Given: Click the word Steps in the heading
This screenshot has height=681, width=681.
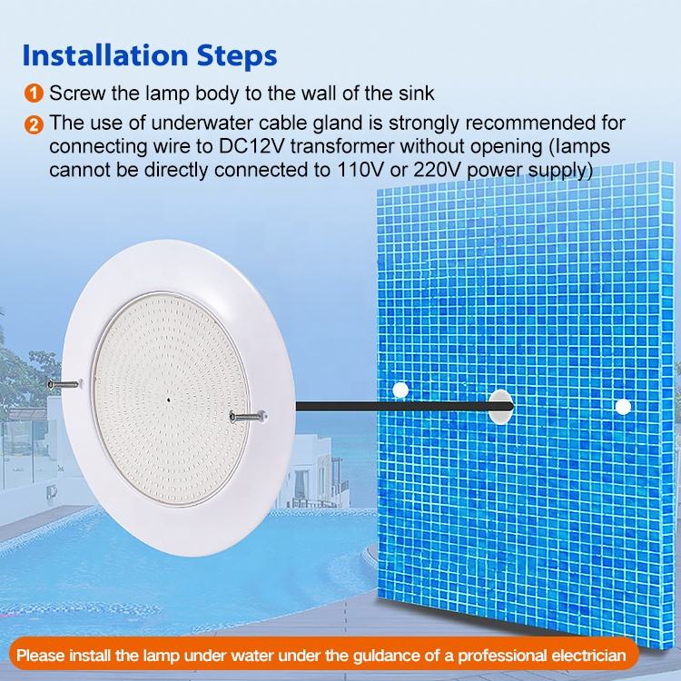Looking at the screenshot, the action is (x=237, y=56).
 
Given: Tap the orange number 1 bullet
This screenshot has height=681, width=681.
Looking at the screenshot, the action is (x=34, y=94).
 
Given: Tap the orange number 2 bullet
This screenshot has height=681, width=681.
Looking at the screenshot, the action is (x=34, y=125).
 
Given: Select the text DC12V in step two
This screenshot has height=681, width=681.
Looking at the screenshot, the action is (x=252, y=146).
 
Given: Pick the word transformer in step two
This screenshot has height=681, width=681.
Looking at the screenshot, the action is (x=342, y=146).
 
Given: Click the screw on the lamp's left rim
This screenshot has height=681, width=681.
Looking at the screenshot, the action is (x=64, y=384).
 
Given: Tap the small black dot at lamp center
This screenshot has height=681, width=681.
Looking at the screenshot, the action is (x=169, y=400).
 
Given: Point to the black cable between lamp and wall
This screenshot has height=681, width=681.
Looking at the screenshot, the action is (x=404, y=407).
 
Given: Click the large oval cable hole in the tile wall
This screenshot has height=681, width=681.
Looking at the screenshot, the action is (x=501, y=407).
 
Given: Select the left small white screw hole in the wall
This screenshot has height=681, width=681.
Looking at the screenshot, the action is (x=400, y=390).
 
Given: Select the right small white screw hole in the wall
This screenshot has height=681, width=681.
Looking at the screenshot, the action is (x=623, y=407).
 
